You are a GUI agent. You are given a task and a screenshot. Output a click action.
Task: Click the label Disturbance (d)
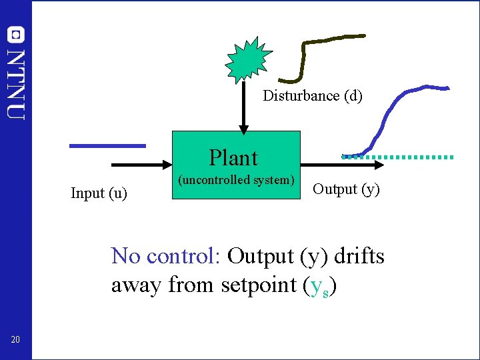point(313,96)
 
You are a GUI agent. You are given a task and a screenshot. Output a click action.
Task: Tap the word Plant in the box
point(233,158)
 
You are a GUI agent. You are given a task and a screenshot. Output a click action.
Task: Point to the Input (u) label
point(99,193)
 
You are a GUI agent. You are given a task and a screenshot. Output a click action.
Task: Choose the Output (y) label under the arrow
point(346,189)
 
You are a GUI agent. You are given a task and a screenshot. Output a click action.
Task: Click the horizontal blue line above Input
point(107,145)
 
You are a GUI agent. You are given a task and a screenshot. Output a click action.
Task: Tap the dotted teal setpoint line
point(420,157)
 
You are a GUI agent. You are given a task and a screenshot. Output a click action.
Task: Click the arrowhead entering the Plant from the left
point(167,163)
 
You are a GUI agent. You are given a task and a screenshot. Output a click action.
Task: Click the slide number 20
point(15,341)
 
